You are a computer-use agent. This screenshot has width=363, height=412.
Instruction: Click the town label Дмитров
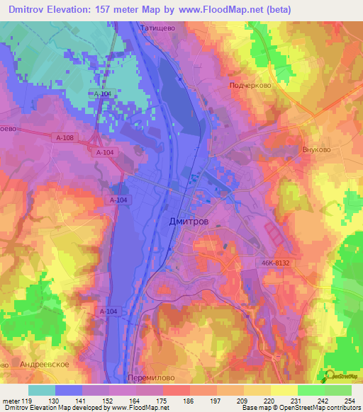click(x=190, y=222)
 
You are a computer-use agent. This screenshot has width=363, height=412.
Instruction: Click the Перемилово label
click(x=149, y=379)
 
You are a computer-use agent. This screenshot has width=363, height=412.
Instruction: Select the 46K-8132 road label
click(x=274, y=263)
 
